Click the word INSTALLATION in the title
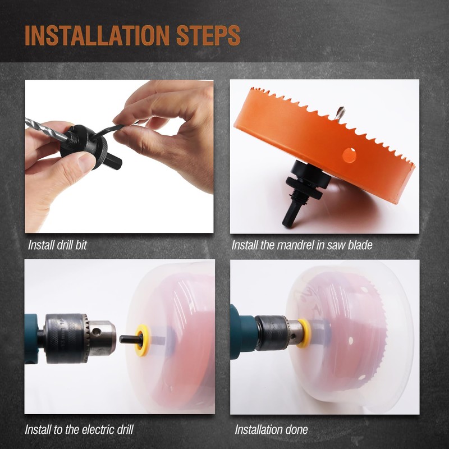click(x=97, y=36)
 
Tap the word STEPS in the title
click(x=208, y=36)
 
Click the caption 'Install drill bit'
click(x=57, y=245)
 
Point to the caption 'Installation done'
click(x=271, y=429)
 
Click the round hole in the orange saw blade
click(x=349, y=155)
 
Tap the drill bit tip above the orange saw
click(x=341, y=113)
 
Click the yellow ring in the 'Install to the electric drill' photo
click(x=143, y=340)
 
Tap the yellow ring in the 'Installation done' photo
click(x=304, y=333)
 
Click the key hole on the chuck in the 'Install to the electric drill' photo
click(x=97, y=332)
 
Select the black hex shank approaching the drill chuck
click(x=131, y=340)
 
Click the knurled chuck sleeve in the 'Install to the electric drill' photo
click(x=66, y=339)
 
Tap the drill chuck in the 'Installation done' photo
click(x=279, y=333)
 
